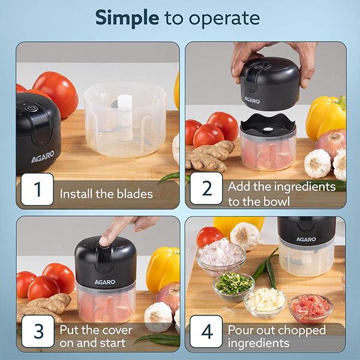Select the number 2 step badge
[x=206, y=189]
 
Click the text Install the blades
[x=106, y=194]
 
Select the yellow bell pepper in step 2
[x=326, y=116]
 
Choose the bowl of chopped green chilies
[x=233, y=286]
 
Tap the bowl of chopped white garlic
[x=265, y=302]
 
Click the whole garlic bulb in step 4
[x=245, y=235]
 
